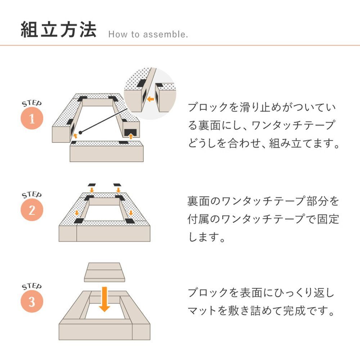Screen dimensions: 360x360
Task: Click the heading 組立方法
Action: point(59,30)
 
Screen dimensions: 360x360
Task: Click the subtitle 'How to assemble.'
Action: point(148,35)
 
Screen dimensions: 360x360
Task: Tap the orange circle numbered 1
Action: point(32,119)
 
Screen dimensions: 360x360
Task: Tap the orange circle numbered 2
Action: point(32,210)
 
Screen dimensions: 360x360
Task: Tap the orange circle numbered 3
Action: point(32,302)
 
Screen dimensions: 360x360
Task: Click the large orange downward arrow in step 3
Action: point(104,298)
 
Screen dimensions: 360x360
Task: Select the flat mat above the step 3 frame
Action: point(104,273)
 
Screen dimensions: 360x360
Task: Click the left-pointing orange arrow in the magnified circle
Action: point(150,98)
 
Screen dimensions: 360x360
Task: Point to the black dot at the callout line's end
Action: point(81,132)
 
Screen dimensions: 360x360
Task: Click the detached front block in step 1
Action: point(106,152)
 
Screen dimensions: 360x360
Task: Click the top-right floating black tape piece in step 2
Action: point(117,185)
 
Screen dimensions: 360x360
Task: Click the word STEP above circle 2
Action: point(32,195)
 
